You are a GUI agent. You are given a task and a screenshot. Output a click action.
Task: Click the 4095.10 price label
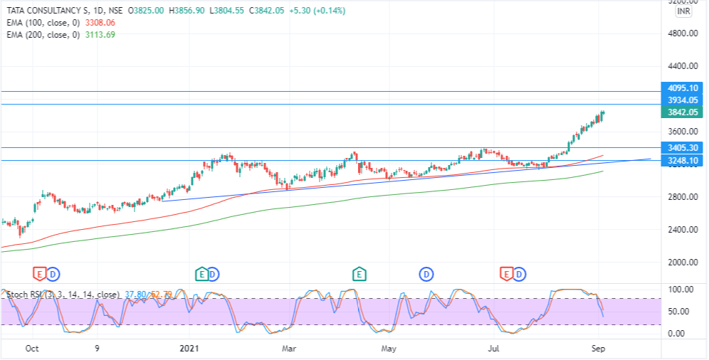682,88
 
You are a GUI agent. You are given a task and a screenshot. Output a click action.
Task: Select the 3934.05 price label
682,100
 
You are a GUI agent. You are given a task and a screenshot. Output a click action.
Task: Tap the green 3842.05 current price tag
682,112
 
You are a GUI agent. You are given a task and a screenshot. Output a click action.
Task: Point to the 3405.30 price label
682,148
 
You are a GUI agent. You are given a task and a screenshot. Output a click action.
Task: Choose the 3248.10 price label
682,161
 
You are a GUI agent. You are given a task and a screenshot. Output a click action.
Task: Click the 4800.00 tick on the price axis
682,33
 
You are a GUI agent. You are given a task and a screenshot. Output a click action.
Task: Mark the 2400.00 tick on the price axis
682,230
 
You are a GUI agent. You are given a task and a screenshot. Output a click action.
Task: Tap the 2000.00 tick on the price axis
682,263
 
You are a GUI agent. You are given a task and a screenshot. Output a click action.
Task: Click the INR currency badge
684,11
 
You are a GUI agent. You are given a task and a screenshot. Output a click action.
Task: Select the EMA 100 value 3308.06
100,23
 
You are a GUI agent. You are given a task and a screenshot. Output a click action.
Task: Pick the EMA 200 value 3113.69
100,35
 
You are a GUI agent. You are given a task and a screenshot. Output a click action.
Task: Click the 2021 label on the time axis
189,349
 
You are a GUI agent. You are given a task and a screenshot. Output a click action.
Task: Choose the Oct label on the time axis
32,349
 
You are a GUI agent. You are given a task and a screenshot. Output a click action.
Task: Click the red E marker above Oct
39,273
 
